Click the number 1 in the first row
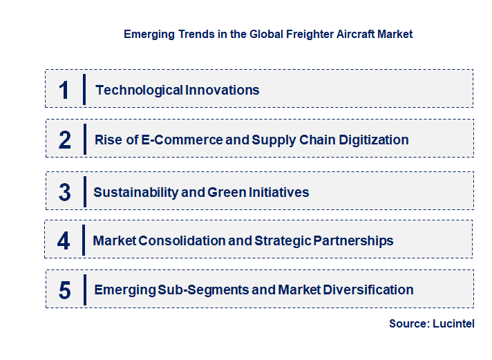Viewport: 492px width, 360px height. [x=64, y=90]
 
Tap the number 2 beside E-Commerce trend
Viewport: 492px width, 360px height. [x=65, y=140]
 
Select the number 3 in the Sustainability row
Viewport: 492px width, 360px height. [x=65, y=192]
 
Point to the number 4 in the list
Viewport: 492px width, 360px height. [x=64, y=240]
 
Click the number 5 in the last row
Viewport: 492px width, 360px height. [x=65, y=290]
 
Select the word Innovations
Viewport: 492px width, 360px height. [x=222, y=90]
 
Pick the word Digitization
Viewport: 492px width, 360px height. [x=374, y=140]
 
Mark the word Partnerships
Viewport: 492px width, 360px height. [x=354, y=240]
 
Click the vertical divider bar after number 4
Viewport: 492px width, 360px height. [x=84, y=240]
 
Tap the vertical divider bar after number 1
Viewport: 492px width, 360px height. [x=84, y=90]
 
